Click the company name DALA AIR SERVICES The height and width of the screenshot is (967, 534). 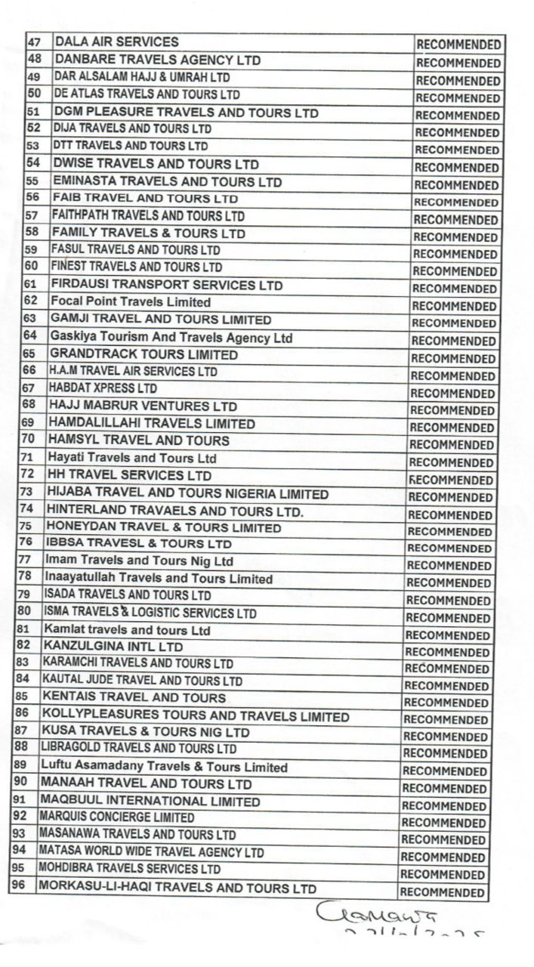point(116,42)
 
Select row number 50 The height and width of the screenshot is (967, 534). point(33,94)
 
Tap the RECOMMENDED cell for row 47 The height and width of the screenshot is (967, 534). point(458,45)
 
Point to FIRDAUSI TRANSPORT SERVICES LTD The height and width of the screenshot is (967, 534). point(166,285)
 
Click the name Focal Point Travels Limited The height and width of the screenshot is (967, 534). point(131,301)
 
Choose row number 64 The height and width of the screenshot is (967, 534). point(30,335)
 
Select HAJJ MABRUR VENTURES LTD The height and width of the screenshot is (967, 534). point(143,406)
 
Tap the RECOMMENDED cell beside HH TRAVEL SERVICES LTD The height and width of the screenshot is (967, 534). point(451,480)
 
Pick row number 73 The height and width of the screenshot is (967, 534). point(26,492)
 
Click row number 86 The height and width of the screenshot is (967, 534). point(21,713)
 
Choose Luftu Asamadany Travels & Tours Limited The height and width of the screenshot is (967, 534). point(164,767)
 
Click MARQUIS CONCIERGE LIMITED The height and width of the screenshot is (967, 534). point(116,817)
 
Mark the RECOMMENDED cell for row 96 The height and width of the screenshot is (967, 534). point(442,891)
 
